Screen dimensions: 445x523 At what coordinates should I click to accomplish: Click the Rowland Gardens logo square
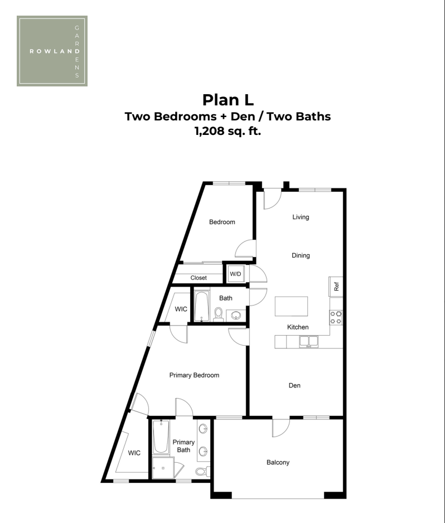(52, 51)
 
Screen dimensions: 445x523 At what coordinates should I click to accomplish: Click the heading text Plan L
(228, 100)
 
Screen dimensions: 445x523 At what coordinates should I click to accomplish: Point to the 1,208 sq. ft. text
(228, 131)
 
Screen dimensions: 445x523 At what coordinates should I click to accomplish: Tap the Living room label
(301, 217)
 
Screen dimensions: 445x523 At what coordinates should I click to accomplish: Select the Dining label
(301, 255)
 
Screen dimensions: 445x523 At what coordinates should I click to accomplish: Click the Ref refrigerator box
(336, 287)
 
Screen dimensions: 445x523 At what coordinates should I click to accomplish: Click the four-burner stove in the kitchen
(336, 318)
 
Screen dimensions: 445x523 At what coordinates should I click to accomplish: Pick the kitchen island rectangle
(291, 306)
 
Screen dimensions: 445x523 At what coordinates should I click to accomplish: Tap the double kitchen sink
(308, 342)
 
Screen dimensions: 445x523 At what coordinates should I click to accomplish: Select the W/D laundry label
(235, 274)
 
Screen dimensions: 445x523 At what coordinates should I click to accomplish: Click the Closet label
(199, 278)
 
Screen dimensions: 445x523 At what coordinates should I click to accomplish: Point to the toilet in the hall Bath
(219, 314)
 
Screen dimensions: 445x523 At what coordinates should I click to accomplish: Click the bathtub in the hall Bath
(202, 307)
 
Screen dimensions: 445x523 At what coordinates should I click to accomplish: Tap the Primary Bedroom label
(194, 375)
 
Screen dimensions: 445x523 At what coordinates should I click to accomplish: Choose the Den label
(294, 386)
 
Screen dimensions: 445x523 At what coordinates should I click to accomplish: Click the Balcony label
(278, 462)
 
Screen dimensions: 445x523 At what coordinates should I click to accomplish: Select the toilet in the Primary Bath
(202, 472)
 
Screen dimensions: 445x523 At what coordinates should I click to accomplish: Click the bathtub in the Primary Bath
(161, 437)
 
